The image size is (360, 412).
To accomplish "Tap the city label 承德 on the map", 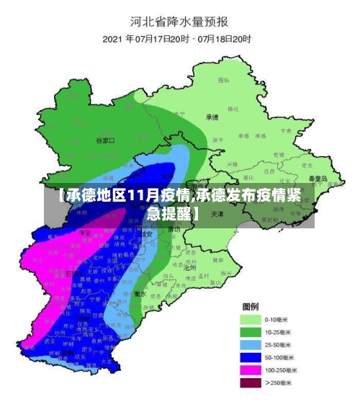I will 212,117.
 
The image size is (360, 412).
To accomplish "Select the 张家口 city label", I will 105,141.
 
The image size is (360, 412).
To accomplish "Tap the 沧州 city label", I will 190,267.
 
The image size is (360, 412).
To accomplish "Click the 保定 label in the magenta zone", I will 85,233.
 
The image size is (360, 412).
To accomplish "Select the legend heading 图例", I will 251,305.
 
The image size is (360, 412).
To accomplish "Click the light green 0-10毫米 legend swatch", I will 250,318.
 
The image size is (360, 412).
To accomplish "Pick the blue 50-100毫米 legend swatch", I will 250,357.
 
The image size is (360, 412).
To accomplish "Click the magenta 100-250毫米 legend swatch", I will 250,370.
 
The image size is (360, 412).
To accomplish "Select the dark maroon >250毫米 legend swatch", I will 250,383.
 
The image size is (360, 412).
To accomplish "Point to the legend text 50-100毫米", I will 280,357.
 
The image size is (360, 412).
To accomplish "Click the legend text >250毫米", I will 279,383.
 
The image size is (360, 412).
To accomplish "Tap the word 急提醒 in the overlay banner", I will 170,214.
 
